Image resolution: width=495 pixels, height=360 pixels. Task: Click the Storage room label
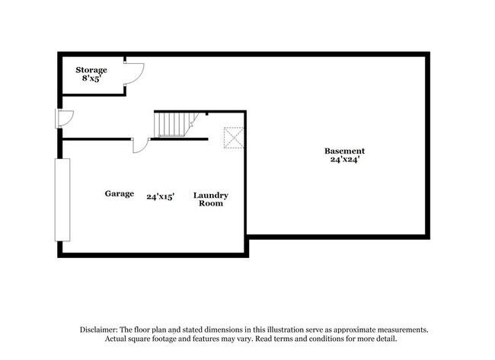coord(91,70)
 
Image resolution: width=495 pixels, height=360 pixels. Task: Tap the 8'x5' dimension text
coord(91,78)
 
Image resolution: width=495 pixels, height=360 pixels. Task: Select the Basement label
coord(344,151)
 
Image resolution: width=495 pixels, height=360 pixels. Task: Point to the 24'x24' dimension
coord(345,159)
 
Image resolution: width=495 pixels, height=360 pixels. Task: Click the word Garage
coord(120,194)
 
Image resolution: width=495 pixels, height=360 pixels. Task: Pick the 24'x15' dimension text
coord(161,197)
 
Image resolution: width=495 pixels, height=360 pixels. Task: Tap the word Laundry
coord(210,196)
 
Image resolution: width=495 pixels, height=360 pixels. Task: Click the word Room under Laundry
coord(210,203)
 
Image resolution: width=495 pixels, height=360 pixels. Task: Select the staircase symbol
coord(176,124)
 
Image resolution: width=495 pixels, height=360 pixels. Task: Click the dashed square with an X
coord(234,138)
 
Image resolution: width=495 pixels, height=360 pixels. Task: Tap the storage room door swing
coord(134,73)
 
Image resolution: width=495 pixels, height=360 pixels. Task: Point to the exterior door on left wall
coord(65,119)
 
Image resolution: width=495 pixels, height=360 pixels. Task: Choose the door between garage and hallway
coord(140,145)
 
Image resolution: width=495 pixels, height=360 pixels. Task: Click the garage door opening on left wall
coord(62,200)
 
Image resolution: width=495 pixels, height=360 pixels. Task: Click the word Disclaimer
coord(99,330)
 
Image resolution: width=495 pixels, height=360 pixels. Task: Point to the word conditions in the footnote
coord(326,339)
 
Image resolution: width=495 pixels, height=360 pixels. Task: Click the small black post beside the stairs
coord(207,113)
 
